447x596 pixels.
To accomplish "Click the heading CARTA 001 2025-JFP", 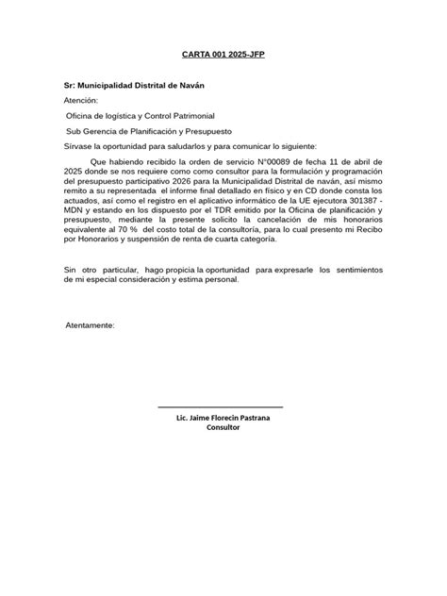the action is tap(223, 55).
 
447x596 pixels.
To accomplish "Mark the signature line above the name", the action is tap(221, 406).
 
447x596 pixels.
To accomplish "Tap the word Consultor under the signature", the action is tap(223, 427).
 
